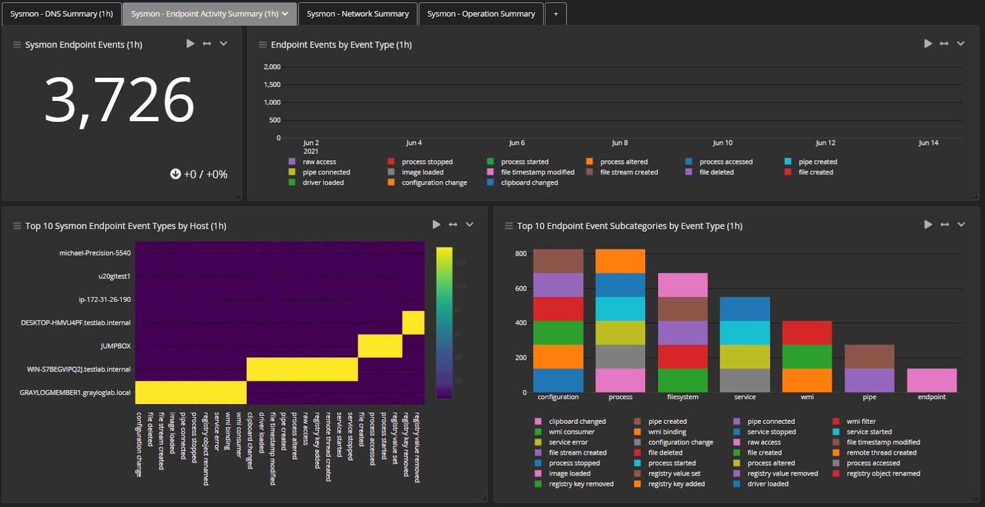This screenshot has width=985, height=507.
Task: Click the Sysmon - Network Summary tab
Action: [x=357, y=14]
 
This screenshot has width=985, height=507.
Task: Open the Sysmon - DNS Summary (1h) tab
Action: [x=62, y=14]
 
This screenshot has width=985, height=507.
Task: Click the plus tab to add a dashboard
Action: [x=555, y=14]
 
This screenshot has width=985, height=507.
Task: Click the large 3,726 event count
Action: [x=119, y=100]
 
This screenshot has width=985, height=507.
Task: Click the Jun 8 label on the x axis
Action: [x=619, y=143]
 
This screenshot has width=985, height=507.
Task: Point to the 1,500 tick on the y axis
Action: [x=271, y=84]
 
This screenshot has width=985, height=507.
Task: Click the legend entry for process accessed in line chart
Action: [x=725, y=162]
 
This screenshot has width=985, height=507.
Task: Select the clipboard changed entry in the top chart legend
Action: [x=529, y=183]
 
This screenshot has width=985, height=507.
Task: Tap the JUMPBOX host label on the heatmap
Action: [x=116, y=346]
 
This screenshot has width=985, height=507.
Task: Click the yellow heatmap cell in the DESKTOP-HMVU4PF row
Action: [x=413, y=323]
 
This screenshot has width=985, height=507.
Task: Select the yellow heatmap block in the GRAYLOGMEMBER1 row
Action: [x=191, y=392]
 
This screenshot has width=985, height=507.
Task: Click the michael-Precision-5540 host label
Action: [x=95, y=253]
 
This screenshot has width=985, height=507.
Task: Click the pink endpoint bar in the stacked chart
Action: [x=931, y=380]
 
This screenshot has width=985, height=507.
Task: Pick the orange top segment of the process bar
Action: [x=620, y=261]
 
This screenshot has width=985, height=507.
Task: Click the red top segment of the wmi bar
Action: [x=806, y=333]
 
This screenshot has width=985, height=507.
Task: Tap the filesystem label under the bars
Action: [x=682, y=397]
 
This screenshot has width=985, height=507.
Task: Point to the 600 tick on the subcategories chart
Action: [x=521, y=288]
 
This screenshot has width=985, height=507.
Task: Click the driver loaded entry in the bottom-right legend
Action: [x=767, y=484]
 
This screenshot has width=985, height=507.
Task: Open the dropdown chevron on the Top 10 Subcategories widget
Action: [x=961, y=225]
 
